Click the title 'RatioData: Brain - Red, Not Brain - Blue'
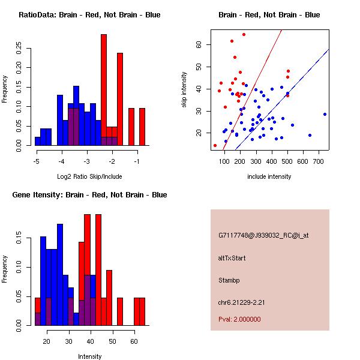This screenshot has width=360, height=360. pyautogui.click(x=89, y=15)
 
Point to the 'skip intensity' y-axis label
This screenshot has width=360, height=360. pyautogui.click(x=185, y=90)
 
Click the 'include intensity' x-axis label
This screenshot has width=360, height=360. pyautogui.click(x=269, y=176)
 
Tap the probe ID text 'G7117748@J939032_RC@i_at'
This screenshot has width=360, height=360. pyautogui.click(x=263, y=236)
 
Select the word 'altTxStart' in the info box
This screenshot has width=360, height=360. pyautogui.click(x=232, y=258)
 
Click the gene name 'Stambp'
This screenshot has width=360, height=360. pyautogui.click(x=230, y=280)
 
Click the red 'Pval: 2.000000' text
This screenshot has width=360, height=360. pyautogui.click(x=239, y=319)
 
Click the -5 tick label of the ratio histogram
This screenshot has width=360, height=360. pyautogui.click(x=37, y=161)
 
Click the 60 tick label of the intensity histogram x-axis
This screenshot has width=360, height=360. pyautogui.click(x=134, y=341)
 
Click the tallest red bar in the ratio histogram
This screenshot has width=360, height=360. pyautogui.click(x=104, y=90)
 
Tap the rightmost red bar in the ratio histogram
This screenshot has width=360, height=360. pyautogui.click(x=142, y=127)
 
